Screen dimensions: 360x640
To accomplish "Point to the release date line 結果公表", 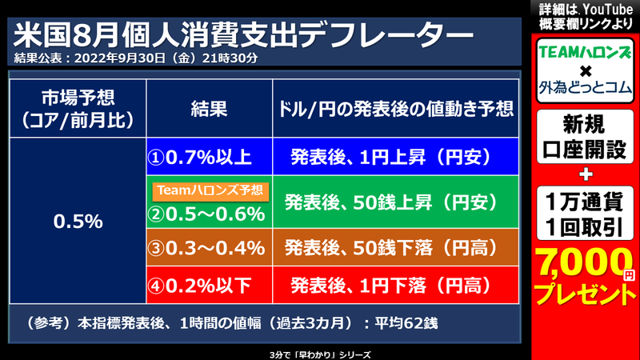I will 136,58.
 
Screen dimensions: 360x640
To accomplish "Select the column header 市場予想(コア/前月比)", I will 78,108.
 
